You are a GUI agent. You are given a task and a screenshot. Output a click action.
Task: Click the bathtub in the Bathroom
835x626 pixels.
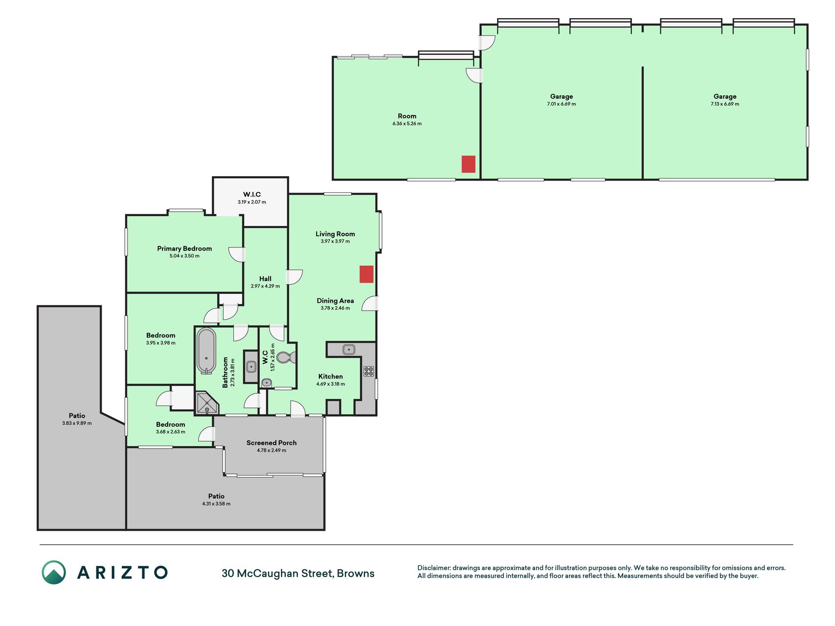pyautogui.click(x=206, y=351)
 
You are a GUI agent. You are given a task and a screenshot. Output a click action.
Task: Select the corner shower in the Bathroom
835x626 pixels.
pyautogui.click(x=206, y=402)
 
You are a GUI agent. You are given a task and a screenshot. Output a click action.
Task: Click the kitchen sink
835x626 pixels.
pyautogui.click(x=348, y=349)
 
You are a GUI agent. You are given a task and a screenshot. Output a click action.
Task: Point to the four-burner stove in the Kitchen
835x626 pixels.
pyautogui.click(x=369, y=371)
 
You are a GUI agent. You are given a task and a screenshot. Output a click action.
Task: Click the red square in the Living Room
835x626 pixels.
pyautogui.click(x=366, y=274)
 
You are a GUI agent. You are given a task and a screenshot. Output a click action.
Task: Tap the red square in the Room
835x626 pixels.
pyautogui.click(x=469, y=164)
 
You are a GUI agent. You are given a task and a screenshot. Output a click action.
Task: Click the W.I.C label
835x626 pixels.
pyautogui.click(x=252, y=195)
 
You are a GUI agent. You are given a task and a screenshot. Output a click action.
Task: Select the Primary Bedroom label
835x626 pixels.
pyautogui.click(x=184, y=248)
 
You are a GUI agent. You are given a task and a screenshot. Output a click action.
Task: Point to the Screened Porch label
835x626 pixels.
pyautogui.click(x=271, y=443)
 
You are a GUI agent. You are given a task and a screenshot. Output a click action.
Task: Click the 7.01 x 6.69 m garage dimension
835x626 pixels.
pyautogui.click(x=562, y=104)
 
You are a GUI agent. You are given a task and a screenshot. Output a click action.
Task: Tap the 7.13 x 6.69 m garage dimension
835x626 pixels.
pyautogui.click(x=725, y=104)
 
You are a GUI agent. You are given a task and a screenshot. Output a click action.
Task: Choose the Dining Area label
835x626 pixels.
pyautogui.click(x=335, y=301)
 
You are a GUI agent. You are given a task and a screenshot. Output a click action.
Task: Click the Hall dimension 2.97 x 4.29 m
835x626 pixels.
pyautogui.click(x=265, y=286)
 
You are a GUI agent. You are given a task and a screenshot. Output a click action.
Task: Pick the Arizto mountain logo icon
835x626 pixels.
pyautogui.click(x=54, y=572)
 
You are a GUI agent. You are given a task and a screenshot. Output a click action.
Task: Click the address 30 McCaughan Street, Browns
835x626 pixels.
pyautogui.click(x=298, y=574)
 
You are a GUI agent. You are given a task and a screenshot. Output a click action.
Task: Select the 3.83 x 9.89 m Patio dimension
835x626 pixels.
pyautogui.click(x=77, y=423)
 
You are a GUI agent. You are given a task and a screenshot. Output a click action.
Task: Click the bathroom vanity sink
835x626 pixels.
pyautogui.click(x=251, y=366)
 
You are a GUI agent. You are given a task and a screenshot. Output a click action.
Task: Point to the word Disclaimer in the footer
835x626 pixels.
pyautogui.click(x=434, y=568)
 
